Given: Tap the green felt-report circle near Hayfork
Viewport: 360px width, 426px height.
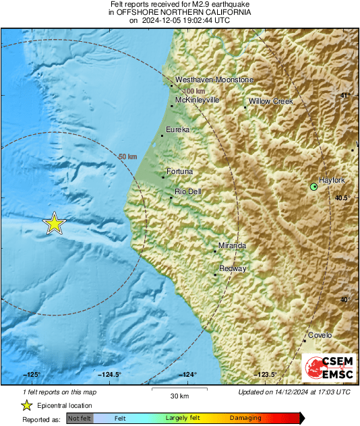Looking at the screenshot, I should [x=313, y=187].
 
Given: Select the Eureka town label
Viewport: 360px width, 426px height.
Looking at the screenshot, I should [x=177, y=129].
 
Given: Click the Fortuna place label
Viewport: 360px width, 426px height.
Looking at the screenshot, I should [x=179, y=171].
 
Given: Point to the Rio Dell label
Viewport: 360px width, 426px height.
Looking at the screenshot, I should [x=188, y=191].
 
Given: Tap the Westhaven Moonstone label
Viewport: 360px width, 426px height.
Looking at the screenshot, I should [x=214, y=80].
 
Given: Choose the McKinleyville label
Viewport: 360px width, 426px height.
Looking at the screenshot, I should [x=198, y=100].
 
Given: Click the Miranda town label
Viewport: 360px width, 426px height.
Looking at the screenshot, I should [x=233, y=245].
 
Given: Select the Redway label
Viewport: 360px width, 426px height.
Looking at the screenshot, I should [x=233, y=268].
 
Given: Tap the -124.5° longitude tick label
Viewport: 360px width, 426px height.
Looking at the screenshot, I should [x=110, y=374].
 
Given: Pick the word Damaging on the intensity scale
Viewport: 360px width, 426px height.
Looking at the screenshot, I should [x=245, y=418].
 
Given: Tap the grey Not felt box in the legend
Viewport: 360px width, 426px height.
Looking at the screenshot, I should [x=80, y=419].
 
